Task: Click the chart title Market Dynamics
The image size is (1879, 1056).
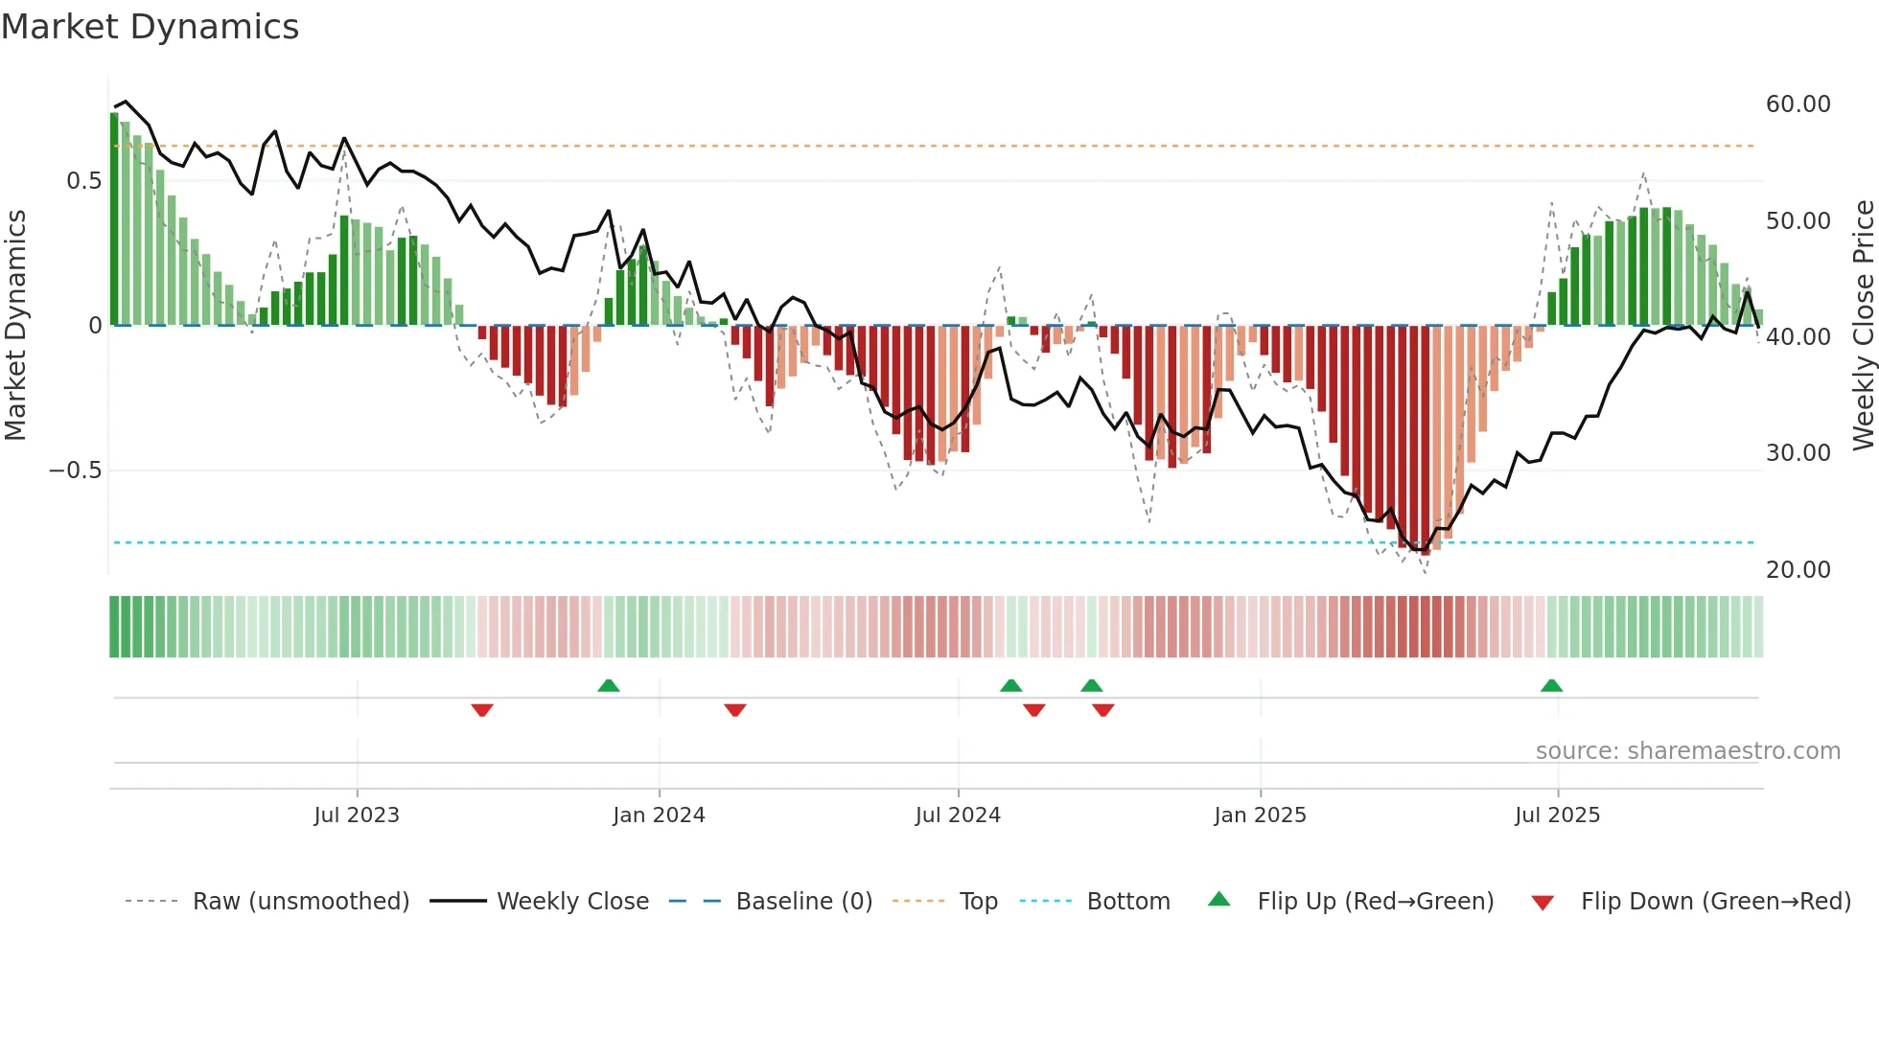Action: click(x=150, y=27)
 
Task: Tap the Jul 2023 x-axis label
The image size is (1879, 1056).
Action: click(x=357, y=815)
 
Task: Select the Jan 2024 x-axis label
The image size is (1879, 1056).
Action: click(x=659, y=815)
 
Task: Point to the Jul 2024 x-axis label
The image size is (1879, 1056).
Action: click(x=958, y=815)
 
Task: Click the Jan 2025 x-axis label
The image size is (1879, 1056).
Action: click(x=1260, y=815)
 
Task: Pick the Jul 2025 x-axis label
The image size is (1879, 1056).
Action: click(x=1558, y=815)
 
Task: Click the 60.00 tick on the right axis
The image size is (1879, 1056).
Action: click(x=1798, y=104)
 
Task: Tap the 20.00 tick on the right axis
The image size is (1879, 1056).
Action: click(x=1798, y=570)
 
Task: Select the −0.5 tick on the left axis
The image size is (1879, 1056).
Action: click(x=75, y=471)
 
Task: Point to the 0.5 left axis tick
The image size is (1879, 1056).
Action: click(x=83, y=181)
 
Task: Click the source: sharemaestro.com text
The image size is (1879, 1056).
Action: click(x=1687, y=751)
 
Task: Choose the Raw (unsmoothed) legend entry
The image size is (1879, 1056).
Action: click(x=300, y=902)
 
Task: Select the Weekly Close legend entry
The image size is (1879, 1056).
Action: click(x=572, y=902)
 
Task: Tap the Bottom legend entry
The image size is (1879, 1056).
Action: click(x=1127, y=902)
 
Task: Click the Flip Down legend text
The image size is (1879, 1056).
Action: click(x=1715, y=902)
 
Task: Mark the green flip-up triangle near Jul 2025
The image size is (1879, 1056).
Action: click(x=1551, y=685)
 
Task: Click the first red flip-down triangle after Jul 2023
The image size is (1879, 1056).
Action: click(x=482, y=710)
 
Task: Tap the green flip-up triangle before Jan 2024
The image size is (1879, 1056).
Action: click(x=608, y=685)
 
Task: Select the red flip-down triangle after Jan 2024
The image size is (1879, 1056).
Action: click(x=735, y=710)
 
